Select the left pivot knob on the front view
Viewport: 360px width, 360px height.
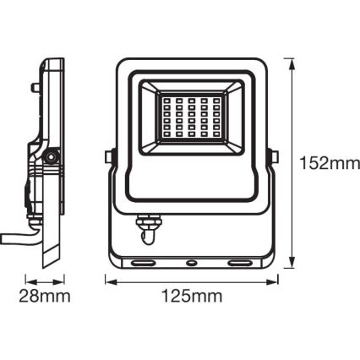[107, 157]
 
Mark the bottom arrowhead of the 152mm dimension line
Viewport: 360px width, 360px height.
[292, 265]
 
